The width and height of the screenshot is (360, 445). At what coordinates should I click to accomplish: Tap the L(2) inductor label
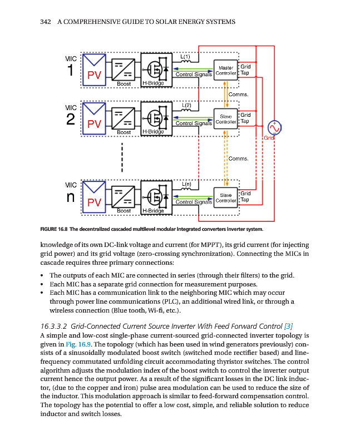pos(188,105)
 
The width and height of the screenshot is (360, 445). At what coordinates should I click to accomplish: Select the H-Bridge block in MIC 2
pos(155,118)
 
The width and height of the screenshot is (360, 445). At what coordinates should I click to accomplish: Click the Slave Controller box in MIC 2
pos(226,118)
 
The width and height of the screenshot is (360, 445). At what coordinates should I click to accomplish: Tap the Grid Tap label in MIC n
pos(245,196)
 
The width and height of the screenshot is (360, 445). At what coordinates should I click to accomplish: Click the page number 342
pos(46,22)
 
